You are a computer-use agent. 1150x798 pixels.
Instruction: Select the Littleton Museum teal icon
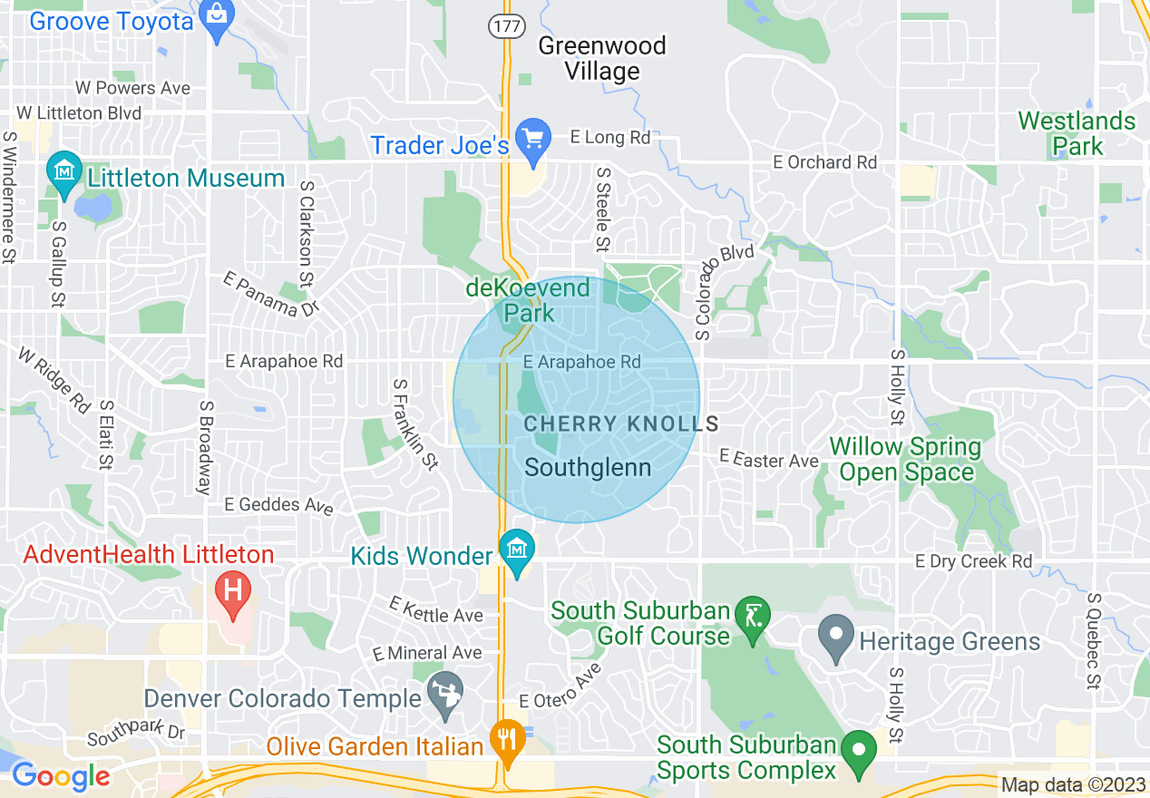(x=64, y=172)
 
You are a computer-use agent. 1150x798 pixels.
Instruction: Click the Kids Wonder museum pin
(x=517, y=550)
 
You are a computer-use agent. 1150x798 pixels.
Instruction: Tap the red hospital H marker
(x=232, y=591)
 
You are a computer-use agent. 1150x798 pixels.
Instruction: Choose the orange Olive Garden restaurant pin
(x=506, y=738)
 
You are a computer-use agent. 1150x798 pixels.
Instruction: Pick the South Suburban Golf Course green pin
(x=753, y=617)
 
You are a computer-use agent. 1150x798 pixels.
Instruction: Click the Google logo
(x=61, y=776)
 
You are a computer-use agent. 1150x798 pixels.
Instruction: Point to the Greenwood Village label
(x=602, y=58)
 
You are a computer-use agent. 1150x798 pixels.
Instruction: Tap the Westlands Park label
(x=1077, y=133)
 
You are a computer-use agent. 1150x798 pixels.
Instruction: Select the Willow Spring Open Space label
(x=906, y=459)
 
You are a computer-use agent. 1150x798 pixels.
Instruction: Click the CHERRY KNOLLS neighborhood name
(x=621, y=423)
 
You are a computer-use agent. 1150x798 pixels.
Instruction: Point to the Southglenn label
(x=588, y=468)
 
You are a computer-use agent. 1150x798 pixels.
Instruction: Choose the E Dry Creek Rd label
(x=973, y=561)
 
